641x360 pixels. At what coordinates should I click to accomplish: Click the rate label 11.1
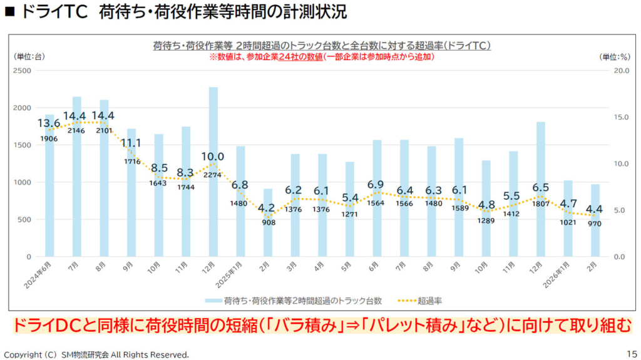(131, 143)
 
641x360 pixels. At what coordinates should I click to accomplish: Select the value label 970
(595, 224)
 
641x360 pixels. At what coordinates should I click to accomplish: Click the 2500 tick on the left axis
(22, 71)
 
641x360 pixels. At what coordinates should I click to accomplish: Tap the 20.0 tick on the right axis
(622, 71)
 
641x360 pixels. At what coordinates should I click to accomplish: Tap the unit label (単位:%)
(613, 57)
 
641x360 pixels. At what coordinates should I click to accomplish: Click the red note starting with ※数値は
(321, 56)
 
